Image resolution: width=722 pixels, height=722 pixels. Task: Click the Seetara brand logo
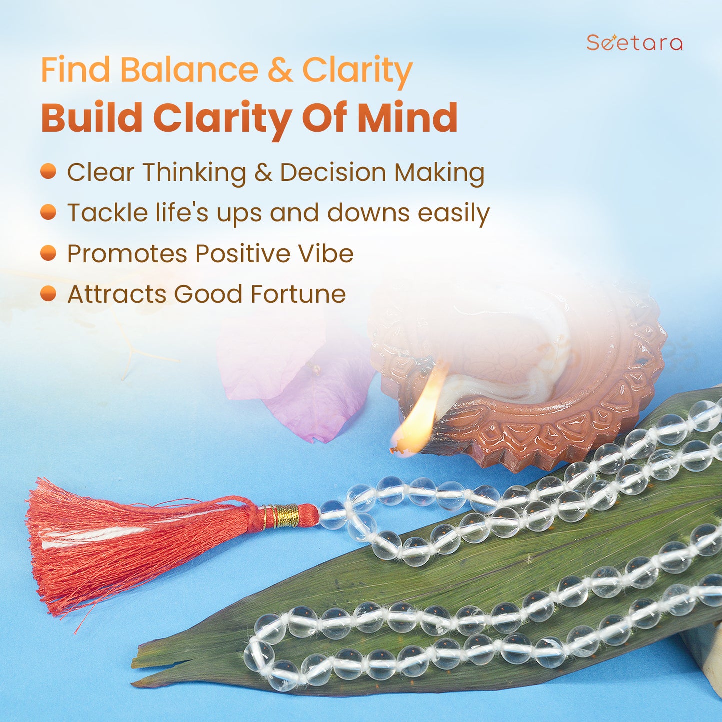point(634,43)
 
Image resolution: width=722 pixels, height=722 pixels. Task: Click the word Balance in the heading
point(189,70)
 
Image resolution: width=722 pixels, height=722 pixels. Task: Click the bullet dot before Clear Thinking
point(48,172)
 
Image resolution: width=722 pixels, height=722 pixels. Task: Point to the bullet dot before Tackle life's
point(48,212)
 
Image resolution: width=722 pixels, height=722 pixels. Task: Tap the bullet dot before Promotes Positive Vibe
point(48,253)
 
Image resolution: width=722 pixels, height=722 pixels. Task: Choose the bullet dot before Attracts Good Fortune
point(48,293)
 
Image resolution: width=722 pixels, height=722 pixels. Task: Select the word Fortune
point(298,294)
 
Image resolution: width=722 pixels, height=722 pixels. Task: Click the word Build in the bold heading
point(92,117)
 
